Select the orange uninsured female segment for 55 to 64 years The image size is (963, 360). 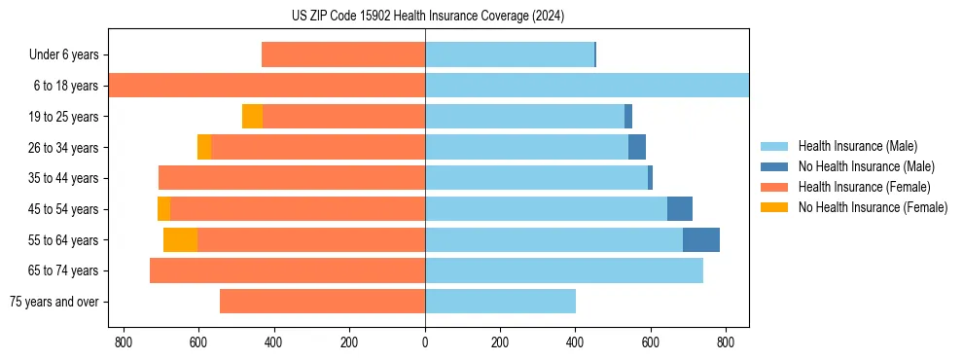pyautogui.click(x=180, y=239)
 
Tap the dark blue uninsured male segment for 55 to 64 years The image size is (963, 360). pyautogui.click(x=700, y=239)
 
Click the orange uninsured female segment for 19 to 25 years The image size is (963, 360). pyautogui.click(x=252, y=117)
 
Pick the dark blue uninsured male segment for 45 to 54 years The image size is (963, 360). pyautogui.click(x=679, y=209)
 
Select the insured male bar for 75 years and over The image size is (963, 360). pyautogui.click(x=500, y=302)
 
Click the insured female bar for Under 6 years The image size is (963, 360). pyautogui.click(x=343, y=54)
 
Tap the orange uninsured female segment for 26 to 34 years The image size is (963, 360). pyautogui.click(x=204, y=147)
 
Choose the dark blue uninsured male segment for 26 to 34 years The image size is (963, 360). pyautogui.click(x=636, y=147)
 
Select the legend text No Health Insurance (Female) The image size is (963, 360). pyautogui.click(x=873, y=207)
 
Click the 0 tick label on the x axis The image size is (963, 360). pyautogui.click(x=425, y=342)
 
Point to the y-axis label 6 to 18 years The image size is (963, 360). pyautogui.click(x=65, y=86)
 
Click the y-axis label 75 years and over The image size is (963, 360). pyautogui.click(x=53, y=302)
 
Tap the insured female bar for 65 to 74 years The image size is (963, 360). pyautogui.click(x=287, y=270)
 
